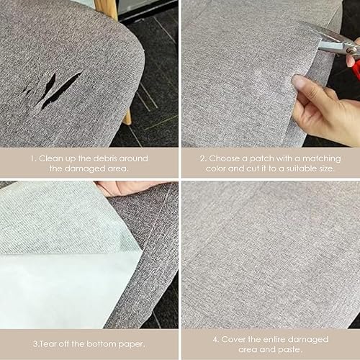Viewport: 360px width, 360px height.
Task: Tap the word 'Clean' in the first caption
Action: tap(50, 158)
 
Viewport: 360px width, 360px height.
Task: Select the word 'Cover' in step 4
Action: tap(233, 339)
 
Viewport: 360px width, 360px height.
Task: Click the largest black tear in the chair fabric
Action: tap(63, 90)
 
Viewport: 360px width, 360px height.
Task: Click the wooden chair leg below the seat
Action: tap(127, 117)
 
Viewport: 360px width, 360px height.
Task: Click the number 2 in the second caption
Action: tap(203, 159)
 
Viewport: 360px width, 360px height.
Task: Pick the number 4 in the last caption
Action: tap(215, 340)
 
